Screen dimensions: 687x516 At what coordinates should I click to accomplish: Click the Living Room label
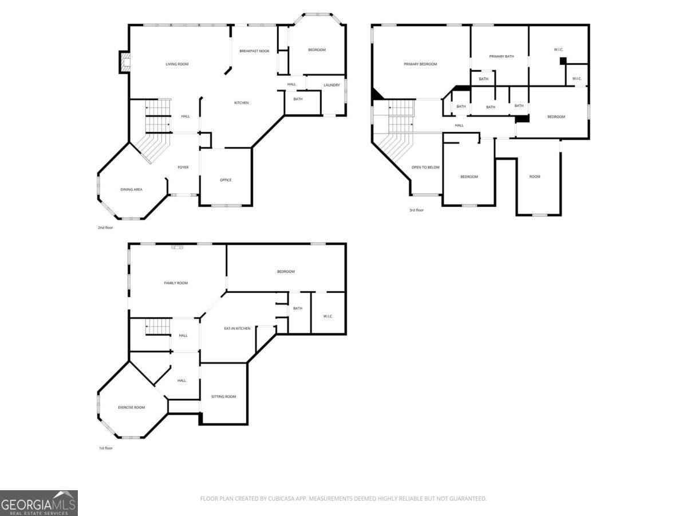click(x=177, y=64)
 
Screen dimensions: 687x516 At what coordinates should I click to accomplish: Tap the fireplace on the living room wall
click(x=125, y=62)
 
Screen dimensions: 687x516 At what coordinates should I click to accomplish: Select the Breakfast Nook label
click(x=254, y=51)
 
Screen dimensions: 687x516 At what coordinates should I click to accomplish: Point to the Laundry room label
click(x=331, y=85)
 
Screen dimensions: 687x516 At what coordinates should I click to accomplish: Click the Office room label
click(x=226, y=180)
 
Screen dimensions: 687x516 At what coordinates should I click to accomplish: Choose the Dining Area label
click(x=131, y=190)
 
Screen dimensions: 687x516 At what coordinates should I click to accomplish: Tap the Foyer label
click(x=183, y=167)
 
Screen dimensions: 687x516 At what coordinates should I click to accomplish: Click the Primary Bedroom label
click(x=420, y=64)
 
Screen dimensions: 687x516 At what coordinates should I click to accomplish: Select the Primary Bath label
click(x=502, y=56)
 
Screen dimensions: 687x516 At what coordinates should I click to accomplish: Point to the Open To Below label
click(x=425, y=167)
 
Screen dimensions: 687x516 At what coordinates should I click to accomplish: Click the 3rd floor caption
click(x=416, y=210)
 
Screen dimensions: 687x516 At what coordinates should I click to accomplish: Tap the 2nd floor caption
click(x=105, y=228)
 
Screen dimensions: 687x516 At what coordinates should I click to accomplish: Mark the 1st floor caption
click(x=105, y=448)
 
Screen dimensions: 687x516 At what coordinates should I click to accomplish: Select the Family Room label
click(x=176, y=283)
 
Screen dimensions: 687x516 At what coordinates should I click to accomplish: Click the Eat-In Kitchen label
click(x=237, y=329)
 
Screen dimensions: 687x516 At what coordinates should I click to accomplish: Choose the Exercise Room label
click(x=131, y=408)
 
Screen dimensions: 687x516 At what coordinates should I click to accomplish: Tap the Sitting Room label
click(x=223, y=397)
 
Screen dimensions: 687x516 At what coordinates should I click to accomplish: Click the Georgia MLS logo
click(x=39, y=503)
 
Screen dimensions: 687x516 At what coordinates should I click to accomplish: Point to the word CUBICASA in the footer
click(x=281, y=498)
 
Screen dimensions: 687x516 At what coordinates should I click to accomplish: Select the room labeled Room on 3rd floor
click(x=535, y=177)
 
